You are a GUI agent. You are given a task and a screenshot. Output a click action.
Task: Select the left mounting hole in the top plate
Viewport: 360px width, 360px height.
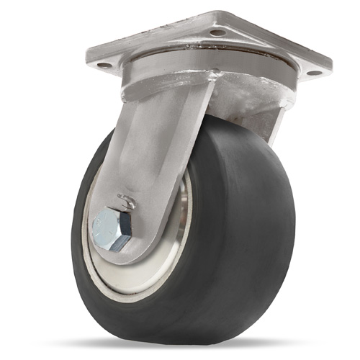tap(104, 66)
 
